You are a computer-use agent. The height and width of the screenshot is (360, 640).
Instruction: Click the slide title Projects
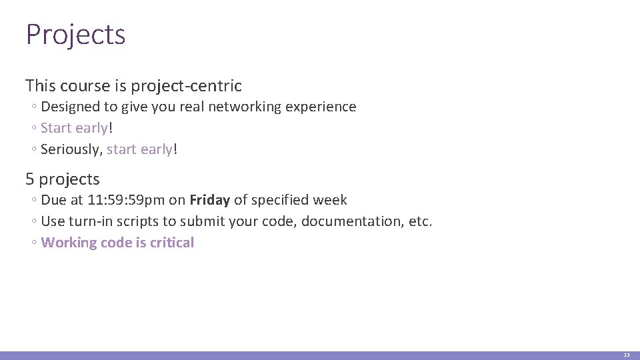(x=75, y=35)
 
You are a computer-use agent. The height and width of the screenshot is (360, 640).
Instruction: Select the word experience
(x=325, y=107)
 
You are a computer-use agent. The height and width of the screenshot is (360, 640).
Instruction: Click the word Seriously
(x=70, y=149)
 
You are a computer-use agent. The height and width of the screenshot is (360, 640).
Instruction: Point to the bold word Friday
(x=209, y=200)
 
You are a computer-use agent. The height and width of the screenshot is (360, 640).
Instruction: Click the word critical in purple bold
(x=171, y=243)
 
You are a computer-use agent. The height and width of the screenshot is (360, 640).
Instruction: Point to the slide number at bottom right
(x=626, y=355)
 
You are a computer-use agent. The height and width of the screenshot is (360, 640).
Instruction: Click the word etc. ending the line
(x=420, y=221)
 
